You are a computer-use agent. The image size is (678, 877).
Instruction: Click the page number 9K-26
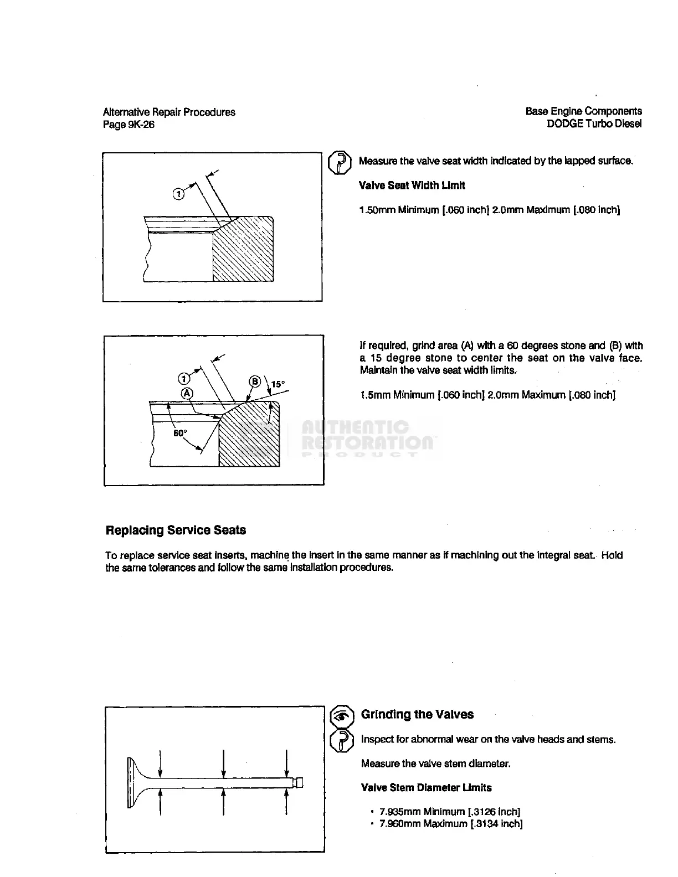[141, 125]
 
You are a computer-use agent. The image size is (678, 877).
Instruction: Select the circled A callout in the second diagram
[187, 393]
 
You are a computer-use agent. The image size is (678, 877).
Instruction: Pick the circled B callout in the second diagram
[255, 381]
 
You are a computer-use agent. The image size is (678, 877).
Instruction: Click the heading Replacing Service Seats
[176, 530]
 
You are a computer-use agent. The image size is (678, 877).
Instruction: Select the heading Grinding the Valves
[417, 715]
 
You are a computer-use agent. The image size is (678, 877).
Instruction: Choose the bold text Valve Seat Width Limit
[412, 185]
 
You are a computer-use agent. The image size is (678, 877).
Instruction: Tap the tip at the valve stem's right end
[300, 782]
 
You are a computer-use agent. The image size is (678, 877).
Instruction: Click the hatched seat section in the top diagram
[244, 252]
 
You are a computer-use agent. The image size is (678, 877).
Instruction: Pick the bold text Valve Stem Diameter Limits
[426, 788]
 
